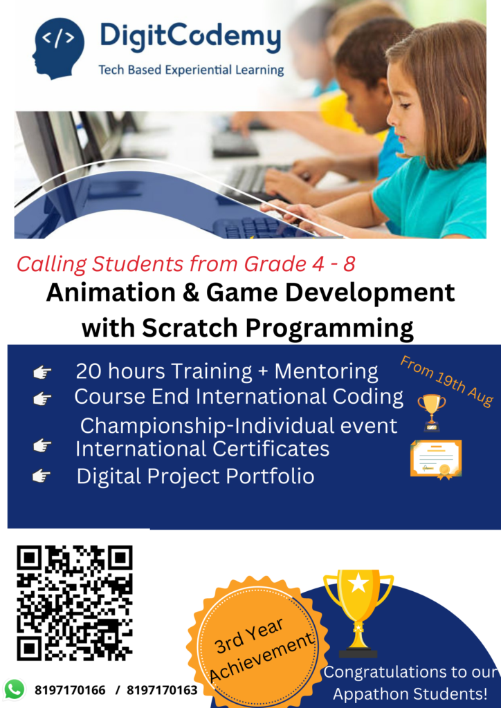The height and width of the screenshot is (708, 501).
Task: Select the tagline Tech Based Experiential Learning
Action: click(191, 70)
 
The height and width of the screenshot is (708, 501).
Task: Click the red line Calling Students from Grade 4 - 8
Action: click(186, 263)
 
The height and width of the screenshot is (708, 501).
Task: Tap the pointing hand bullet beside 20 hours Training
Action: click(42, 373)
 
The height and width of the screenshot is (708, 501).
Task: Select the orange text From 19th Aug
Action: click(446, 381)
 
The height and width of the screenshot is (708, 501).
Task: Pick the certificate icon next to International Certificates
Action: click(435, 458)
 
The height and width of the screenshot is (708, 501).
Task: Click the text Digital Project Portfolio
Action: click(195, 476)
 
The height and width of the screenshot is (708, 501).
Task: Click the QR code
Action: click(75, 602)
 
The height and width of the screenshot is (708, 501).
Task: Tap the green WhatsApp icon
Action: click(14, 689)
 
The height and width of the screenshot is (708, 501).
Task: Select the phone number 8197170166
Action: click(70, 690)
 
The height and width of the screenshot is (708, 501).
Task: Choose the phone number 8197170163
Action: click(162, 690)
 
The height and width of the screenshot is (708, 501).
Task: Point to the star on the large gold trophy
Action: click(358, 583)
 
